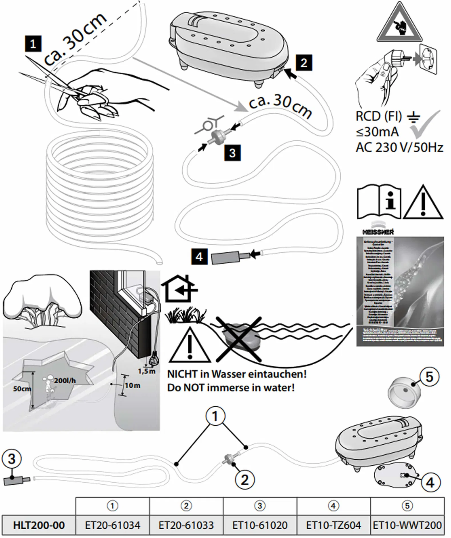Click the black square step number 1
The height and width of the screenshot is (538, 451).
click(33, 44)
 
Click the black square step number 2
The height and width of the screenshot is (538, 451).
click(304, 63)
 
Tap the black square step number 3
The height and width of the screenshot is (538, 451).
click(232, 153)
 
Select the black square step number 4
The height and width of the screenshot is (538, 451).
click(199, 257)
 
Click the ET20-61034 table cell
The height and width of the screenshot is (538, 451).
click(112, 525)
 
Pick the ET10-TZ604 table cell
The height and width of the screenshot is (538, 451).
click(333, 525)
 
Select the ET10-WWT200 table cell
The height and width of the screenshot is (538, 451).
click(407, 525)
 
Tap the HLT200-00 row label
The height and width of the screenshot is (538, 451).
click(39, 525)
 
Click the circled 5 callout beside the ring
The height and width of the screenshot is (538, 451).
click(429, 377)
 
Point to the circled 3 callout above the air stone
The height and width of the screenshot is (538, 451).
click(11, 459)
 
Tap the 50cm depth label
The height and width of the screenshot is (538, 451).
click(22, 388)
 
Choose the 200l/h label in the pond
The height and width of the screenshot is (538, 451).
click(65, 381)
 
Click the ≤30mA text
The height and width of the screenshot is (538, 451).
click(377, 132)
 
